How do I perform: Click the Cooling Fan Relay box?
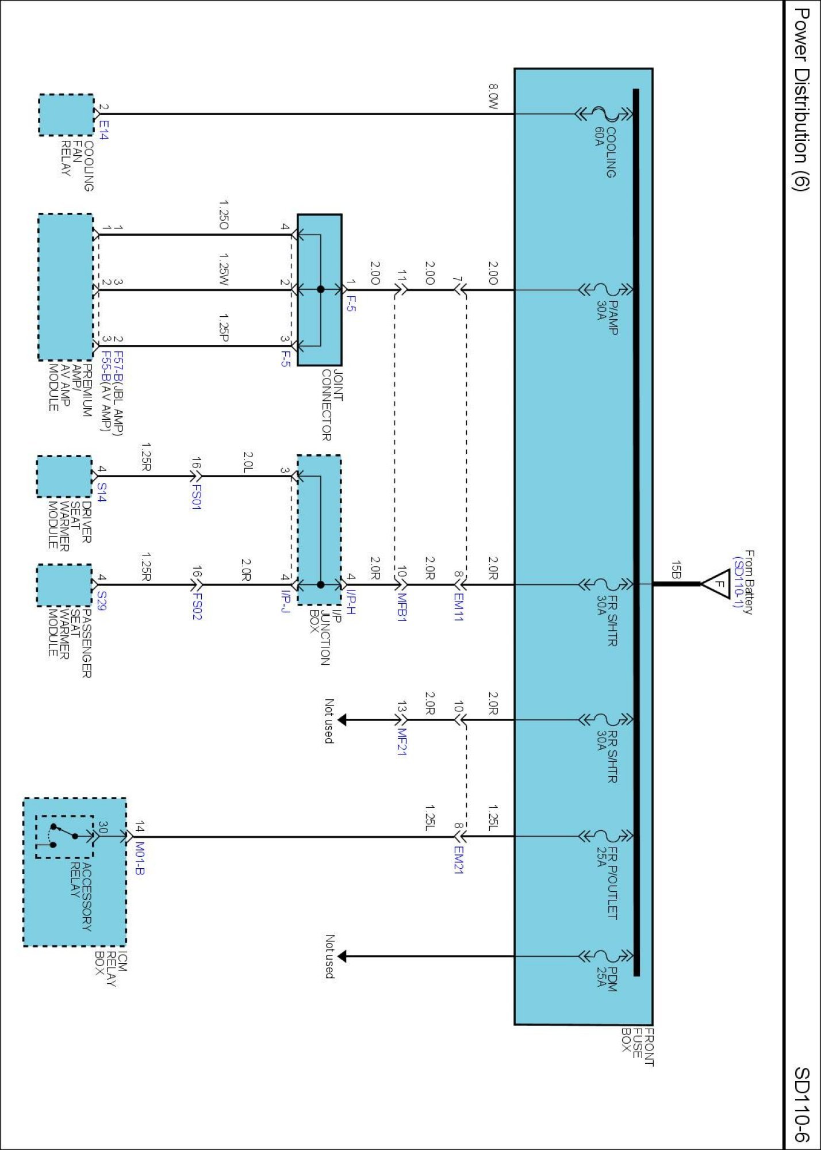(x=66, y=115)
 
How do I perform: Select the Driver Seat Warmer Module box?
(x=64, y=477)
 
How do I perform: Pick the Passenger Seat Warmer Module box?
(x=64, y=585)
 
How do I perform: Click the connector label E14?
(x=103, y=129)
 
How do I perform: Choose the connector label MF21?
(x=402, y=742)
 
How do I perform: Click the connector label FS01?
(x=197, y=497)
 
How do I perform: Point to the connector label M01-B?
(x=140, y=858)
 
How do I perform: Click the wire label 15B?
(x=676, y=570)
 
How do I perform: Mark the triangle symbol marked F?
(x=716, y=584)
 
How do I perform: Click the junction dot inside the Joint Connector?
(x=321, y=289)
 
